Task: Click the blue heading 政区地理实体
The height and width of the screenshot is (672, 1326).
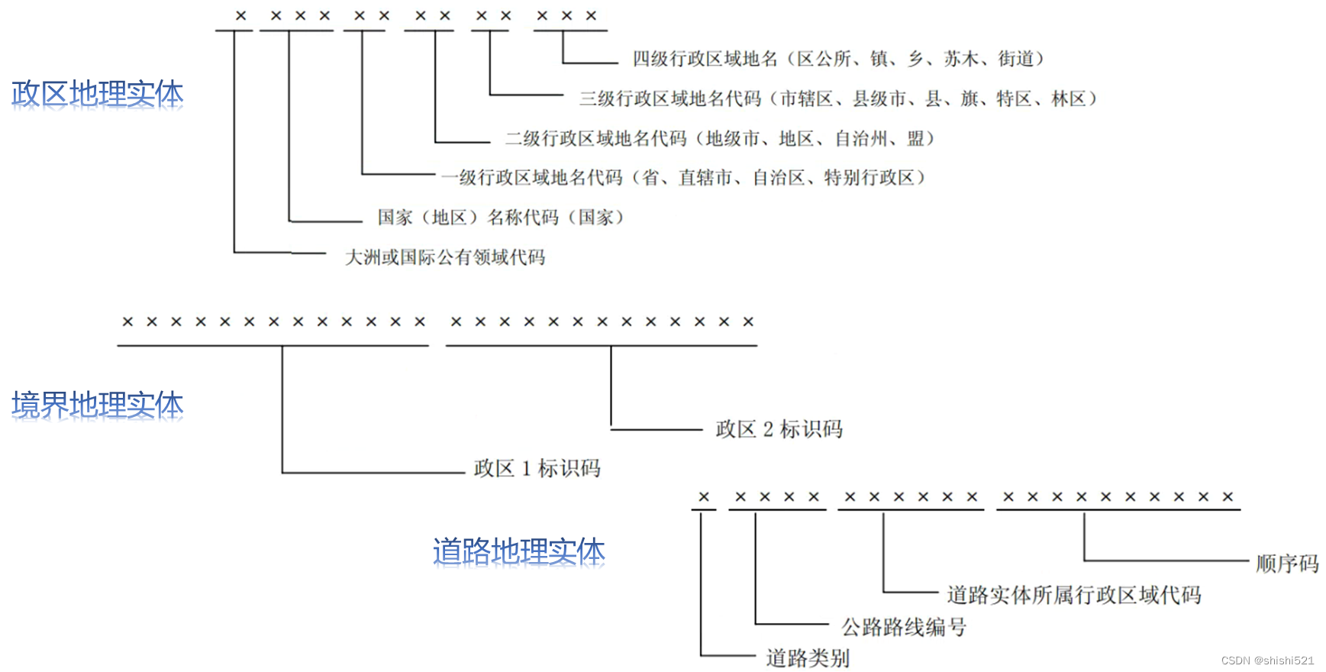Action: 98,97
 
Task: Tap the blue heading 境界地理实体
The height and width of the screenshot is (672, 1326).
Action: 97,406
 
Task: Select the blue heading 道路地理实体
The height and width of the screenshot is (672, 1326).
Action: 519,554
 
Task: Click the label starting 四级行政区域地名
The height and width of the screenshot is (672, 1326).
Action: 838,59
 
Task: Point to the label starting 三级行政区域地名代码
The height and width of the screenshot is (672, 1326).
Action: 838,99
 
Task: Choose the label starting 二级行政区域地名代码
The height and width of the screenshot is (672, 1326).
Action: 720,138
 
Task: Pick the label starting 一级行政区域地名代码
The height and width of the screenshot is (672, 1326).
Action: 683,178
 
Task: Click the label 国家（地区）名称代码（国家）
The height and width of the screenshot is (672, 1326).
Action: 501,218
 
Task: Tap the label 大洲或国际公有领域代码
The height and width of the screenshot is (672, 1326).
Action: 445,257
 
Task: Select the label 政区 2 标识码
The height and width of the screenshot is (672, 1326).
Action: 779,429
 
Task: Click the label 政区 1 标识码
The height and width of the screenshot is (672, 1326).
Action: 537,468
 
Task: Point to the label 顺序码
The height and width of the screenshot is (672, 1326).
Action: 1287,564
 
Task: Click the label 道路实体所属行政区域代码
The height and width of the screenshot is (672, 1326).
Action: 1074,595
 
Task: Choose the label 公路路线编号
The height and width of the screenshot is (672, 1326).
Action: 904,627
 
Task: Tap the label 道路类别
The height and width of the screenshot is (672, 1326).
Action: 808,657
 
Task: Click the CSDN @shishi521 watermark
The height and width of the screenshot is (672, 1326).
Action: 1267,661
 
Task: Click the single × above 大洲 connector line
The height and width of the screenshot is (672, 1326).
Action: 241,15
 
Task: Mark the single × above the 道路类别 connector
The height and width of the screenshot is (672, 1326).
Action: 704,497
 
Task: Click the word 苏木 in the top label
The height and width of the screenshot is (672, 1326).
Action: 961,59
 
